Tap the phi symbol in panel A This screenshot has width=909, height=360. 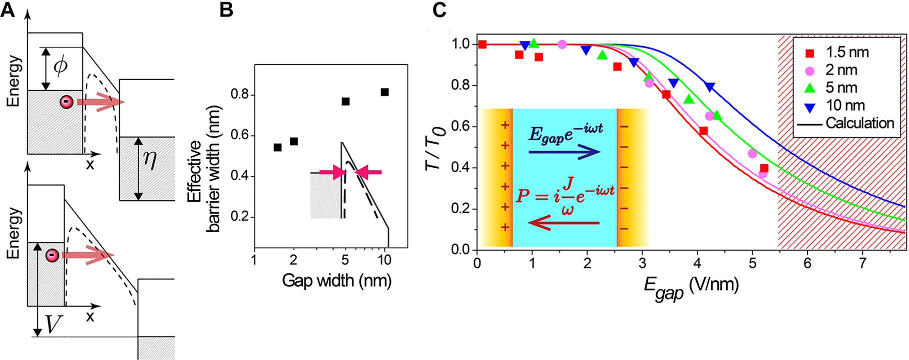point(61,67)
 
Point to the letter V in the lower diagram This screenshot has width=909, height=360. point(54,325)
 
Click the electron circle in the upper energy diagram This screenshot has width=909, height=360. point(66,102)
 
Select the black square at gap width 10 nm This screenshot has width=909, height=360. point(384,92)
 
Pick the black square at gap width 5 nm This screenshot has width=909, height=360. point(345,102)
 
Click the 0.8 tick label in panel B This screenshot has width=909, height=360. point(241,95)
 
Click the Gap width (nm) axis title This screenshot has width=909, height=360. point(336,280)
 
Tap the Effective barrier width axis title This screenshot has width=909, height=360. point(204,170)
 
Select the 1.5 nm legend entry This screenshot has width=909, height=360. point(838,53)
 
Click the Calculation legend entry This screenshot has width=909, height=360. point(846,123)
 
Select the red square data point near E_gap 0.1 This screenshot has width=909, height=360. point(482,45)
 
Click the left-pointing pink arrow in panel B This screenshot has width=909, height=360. point(368,172)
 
